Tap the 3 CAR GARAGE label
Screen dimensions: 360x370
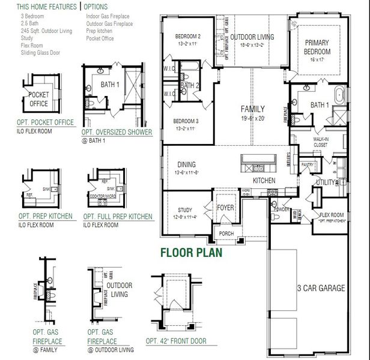pos(321,289)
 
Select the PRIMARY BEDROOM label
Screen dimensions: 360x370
pos(318,47)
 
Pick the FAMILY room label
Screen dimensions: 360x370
pos(252,109)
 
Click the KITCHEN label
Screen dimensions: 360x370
pos(264,180)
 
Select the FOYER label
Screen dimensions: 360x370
pos(225,208)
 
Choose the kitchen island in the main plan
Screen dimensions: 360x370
pos(258,160)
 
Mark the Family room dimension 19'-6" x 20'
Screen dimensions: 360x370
pos(252,118)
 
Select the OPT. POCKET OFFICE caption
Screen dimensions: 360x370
pos(46,122)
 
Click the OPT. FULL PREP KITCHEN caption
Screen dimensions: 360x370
pos(118,216)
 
